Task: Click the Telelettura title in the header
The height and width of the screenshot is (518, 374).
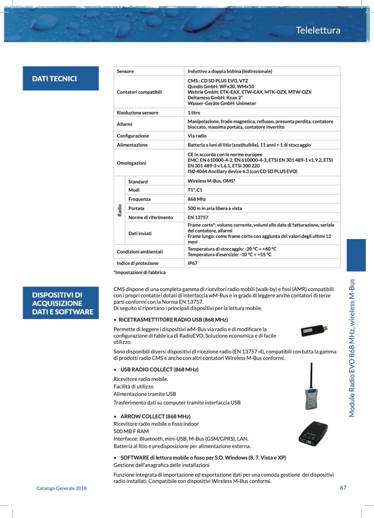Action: coord(318,30)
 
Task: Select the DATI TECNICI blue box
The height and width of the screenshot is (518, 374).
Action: coord(60,79)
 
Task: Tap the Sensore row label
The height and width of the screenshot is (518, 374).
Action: coord(125,71)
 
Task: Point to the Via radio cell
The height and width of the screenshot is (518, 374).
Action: coord(197,136)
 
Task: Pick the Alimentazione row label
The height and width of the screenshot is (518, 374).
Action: coord(132,145)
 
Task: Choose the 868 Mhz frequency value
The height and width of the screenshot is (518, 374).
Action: coord(197,199)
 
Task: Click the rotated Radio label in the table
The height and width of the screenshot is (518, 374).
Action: coord(119,210)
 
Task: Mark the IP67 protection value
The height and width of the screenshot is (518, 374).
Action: coord(193,263)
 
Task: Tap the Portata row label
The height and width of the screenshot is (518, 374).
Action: coord(137,208)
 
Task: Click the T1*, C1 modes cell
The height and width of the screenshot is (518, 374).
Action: coord(195,190)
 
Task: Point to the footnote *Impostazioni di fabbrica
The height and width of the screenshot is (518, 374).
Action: coord(139,272)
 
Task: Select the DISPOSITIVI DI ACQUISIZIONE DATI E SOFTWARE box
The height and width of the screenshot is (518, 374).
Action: coord(60,303)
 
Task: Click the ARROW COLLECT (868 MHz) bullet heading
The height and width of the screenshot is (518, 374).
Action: coord(155,416)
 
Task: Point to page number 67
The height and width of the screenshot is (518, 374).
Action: coord(343,488)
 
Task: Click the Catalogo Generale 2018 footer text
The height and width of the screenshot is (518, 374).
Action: coord(61,488)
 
